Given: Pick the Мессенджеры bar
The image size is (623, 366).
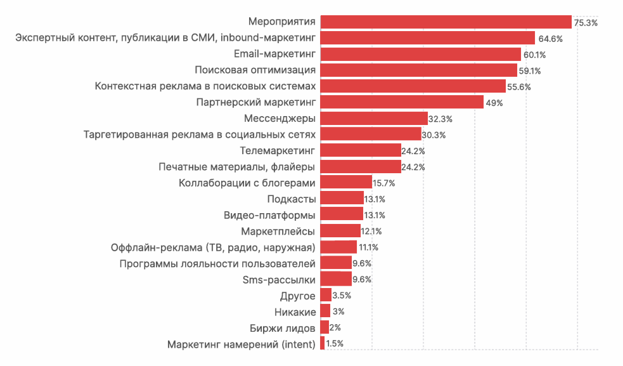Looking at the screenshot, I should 374,119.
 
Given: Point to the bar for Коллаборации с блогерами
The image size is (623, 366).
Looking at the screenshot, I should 346,183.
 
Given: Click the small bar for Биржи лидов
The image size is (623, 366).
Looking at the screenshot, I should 324,327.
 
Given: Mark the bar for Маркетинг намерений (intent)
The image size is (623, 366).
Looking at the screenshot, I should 323,343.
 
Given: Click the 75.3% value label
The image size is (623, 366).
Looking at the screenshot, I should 586,23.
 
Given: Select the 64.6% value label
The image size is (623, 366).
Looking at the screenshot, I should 550,39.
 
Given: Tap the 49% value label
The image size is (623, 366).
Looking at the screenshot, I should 494,103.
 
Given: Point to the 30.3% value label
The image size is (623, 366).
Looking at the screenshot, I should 434,135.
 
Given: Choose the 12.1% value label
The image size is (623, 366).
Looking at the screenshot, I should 372,231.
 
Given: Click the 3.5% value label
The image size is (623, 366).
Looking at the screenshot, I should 342,295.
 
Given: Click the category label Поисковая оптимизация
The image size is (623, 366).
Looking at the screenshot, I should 255,70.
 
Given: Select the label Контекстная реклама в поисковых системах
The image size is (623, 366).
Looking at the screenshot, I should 205,86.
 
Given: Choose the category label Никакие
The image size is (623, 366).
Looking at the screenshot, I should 295,311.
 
